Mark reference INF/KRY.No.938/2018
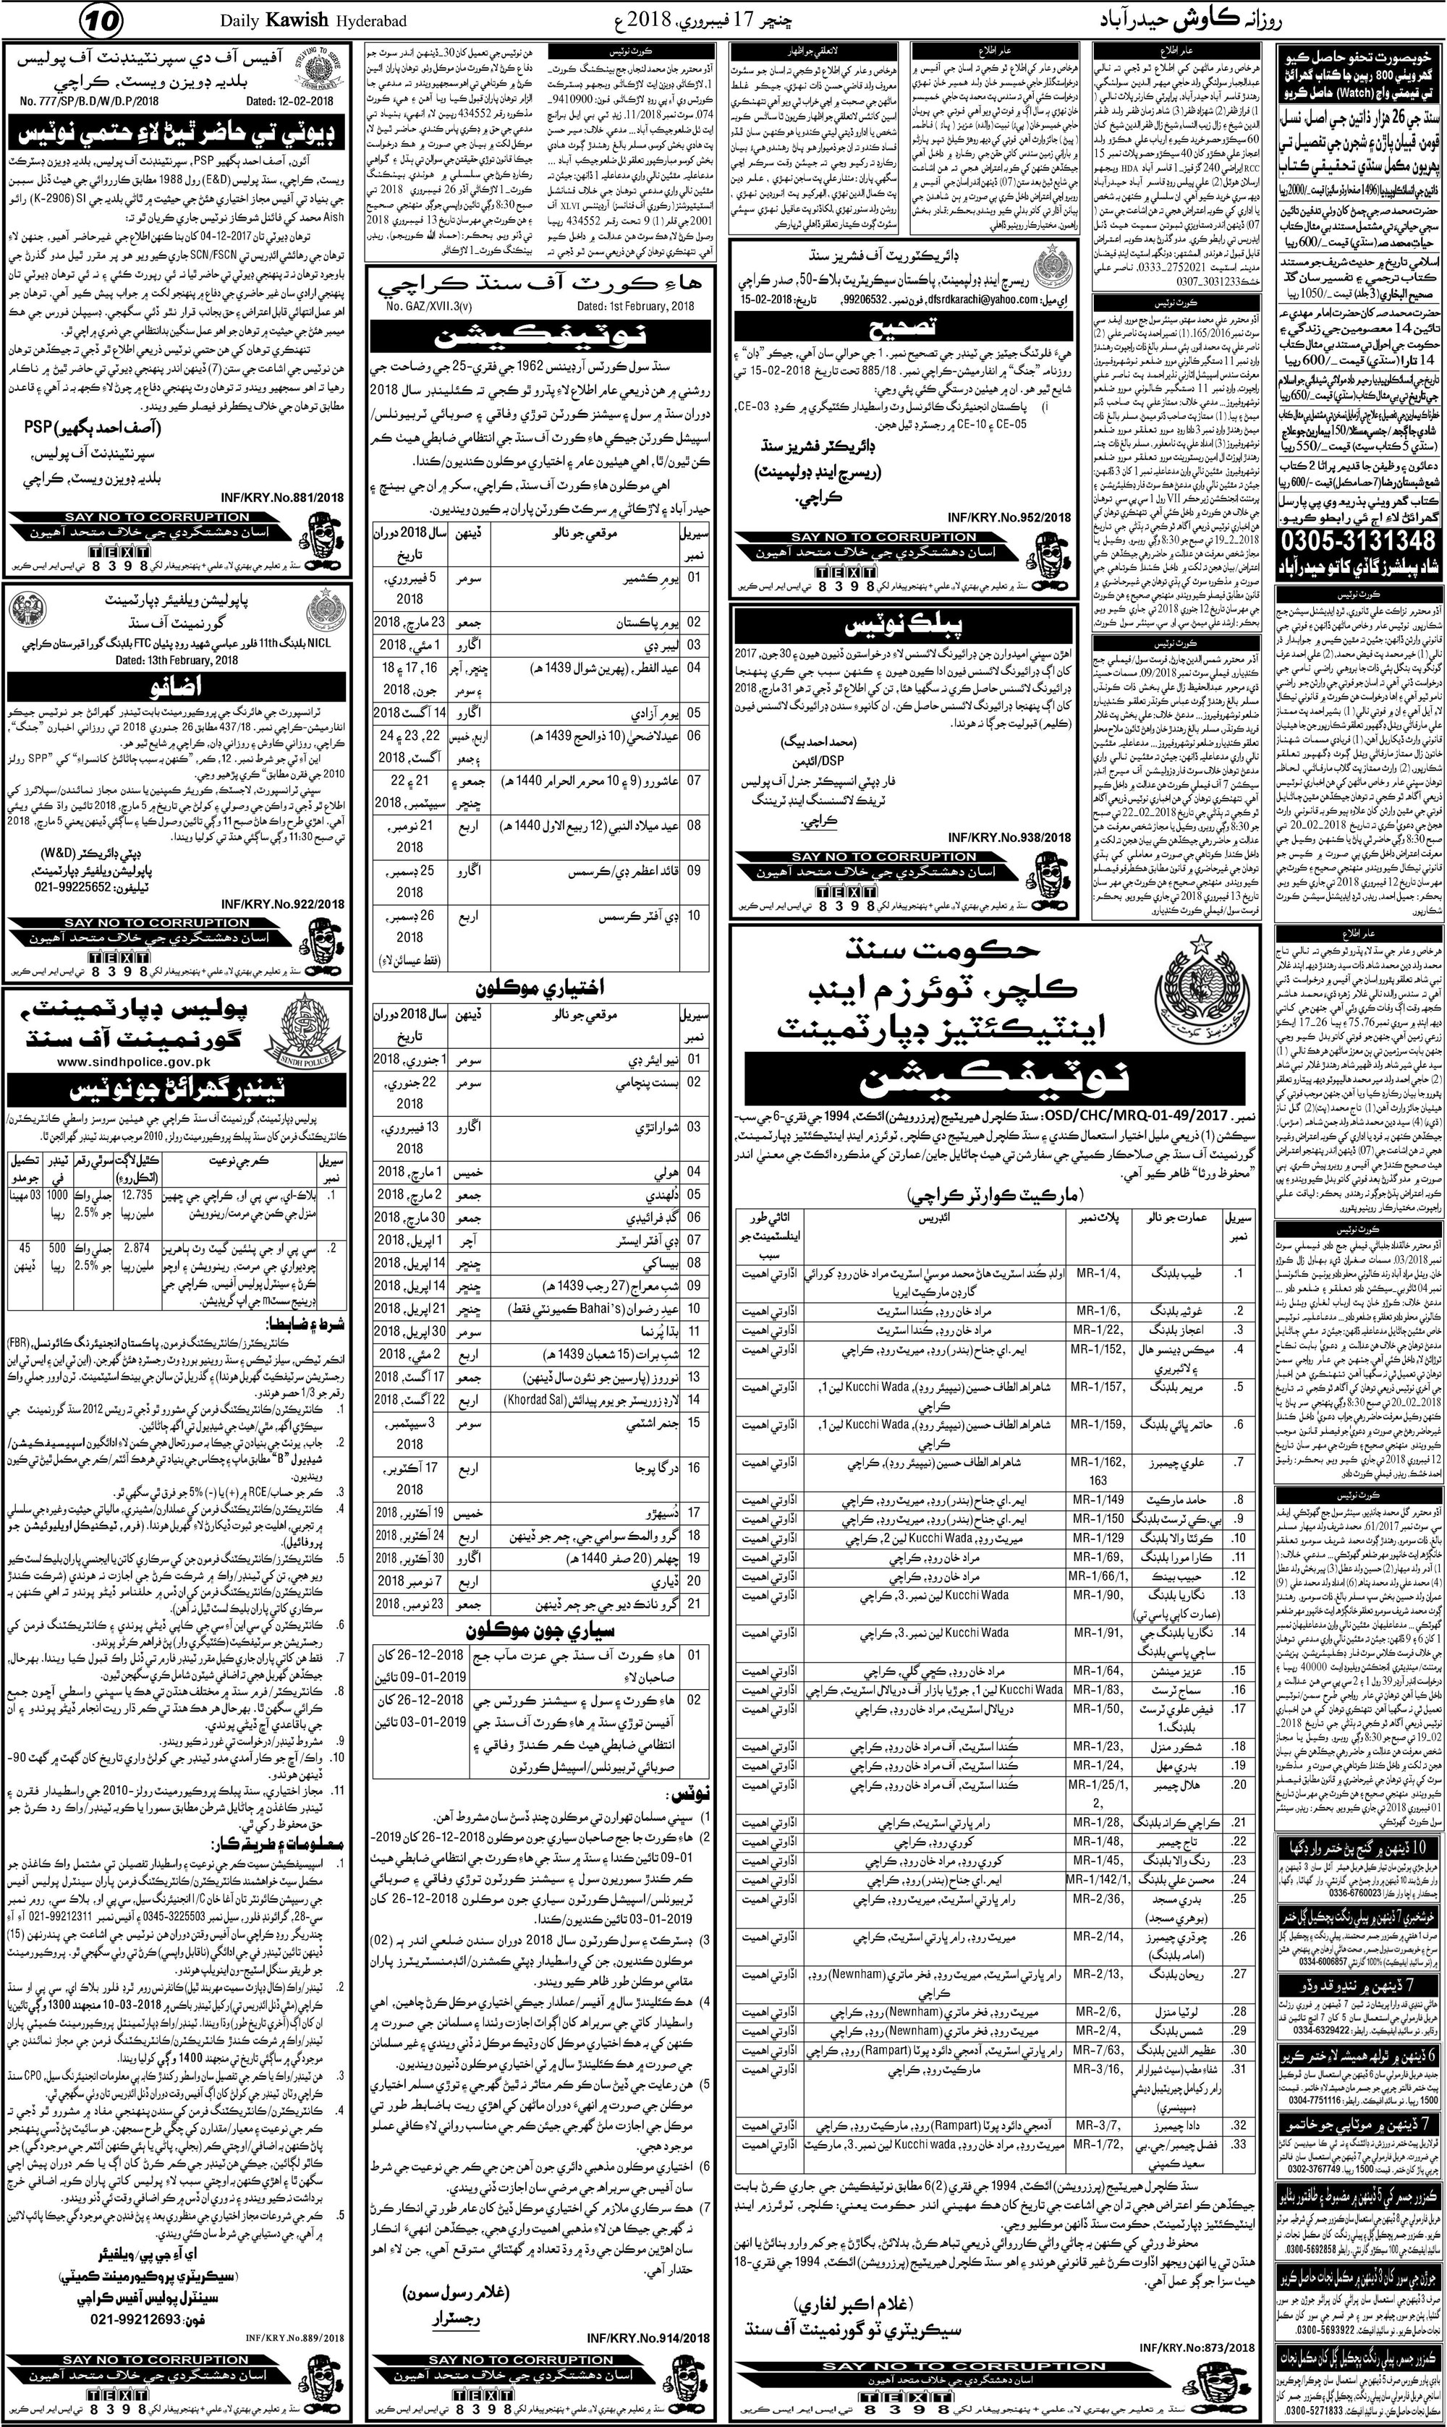click(x=1014, y=838)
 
